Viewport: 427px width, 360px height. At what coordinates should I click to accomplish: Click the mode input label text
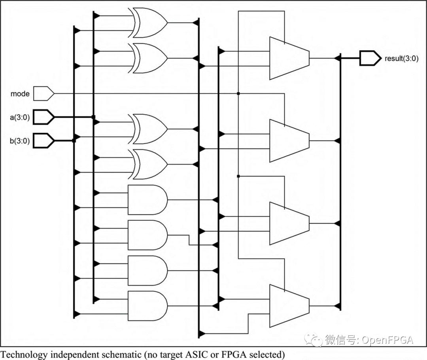coord(20,94)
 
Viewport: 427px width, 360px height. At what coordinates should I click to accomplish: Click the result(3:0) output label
coord(401,59)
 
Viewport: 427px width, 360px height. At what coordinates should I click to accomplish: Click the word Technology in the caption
coord(24,354)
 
